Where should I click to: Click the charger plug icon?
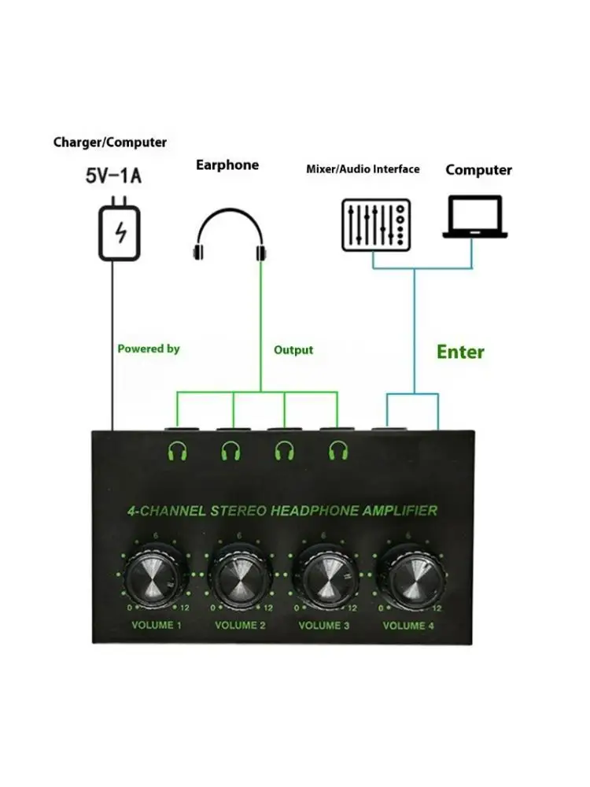pyautogui.click(x=120, y=229)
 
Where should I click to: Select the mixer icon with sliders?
pyautogui.click(x=376, y=225)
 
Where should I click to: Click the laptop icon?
pyautogui.click(x=474, y=217)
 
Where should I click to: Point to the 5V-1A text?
pyautogui.click(x=113, y=176)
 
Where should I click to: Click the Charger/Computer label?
pyautogui.click(x=110, y=142)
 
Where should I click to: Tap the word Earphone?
pyautogui.click(x=227, y=165)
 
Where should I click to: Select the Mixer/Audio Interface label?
pyautogui.click(x=363, y=169)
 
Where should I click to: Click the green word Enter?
pyautogui.click(x=460, y=352)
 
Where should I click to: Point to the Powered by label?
pyautogui.click(x=149, y=349)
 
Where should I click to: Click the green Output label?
pyautogui.click(x=293, y=350)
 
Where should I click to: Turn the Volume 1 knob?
pyautogui.click(x=154, y=576)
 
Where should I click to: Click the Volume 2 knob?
pyautogui.click(x=239, y=576)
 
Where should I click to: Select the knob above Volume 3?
pyautogui.click(x=323, y=576)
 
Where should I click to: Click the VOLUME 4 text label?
pyautogui.click(x=408, y=626)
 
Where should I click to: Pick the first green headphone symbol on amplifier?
pyautogui.click(x=177, y=451)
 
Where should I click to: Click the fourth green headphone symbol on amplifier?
pyautogui.click(x=338, y=450)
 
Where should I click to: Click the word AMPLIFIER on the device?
pyautogui.click(x=400, y=511)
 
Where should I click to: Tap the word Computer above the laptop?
pyautogui.click(x=478, y=170)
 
